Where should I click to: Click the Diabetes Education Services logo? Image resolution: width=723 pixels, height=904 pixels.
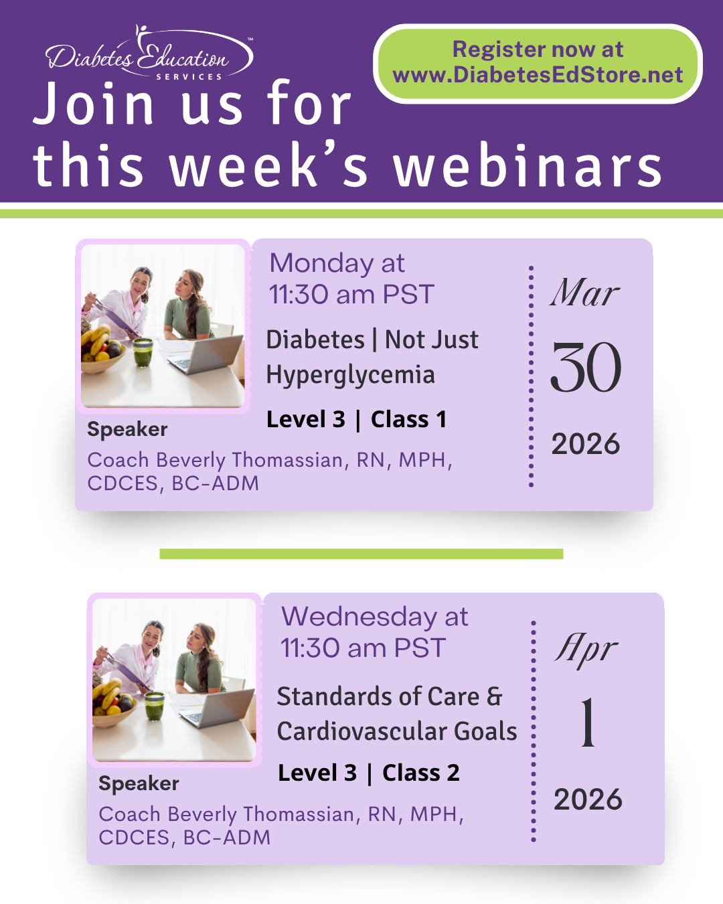(x=149, y=52)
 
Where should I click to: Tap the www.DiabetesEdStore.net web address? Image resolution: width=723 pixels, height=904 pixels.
(x=538, y=75)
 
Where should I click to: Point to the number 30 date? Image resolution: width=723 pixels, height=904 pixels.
(x=586, y=367)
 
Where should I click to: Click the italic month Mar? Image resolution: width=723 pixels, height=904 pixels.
(x=585, y=292)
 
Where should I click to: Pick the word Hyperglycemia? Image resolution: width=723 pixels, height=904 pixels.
(x=350, y=375)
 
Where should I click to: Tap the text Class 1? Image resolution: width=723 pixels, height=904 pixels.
(x=408, y=419)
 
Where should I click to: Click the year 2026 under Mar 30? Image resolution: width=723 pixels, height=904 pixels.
(x=586, y=444)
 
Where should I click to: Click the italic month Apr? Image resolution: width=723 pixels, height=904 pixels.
(x=586, y=650)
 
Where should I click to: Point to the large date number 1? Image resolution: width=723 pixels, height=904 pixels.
(x=588, y=722)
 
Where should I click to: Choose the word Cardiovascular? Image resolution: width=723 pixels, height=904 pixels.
(x=361, y=731)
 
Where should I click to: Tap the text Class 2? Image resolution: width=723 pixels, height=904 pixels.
(x=421, y=773)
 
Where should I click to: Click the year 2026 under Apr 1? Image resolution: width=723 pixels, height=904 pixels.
(x=588, y=799)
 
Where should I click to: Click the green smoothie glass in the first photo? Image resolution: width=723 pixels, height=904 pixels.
(x=143, y=352)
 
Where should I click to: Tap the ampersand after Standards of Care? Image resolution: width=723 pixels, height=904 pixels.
(x=495, y=696)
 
